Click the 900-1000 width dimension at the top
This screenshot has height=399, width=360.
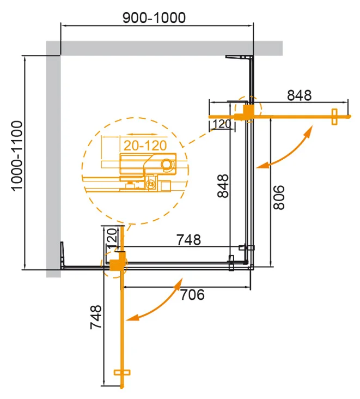click(154, 17)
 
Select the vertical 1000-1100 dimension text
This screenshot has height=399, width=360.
click(17, 156)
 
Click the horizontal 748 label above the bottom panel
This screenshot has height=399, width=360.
click(188, 239)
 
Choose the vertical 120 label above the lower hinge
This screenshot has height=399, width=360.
click(111, 239)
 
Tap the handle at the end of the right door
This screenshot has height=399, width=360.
click(334, 116)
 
